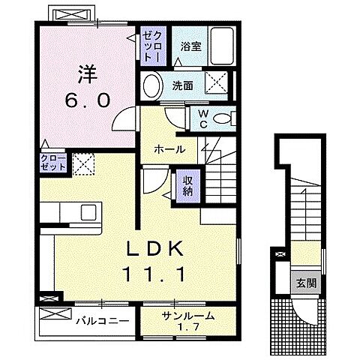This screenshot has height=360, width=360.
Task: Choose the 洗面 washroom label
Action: click(x=184, y=85)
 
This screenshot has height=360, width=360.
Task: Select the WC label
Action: click(x=202, y=118)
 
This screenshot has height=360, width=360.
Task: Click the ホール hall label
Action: click(x=172, y=150)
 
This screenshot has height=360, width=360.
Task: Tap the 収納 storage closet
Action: click(x=187, y=184)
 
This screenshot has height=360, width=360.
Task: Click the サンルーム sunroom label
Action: click(x=187, y=315)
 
